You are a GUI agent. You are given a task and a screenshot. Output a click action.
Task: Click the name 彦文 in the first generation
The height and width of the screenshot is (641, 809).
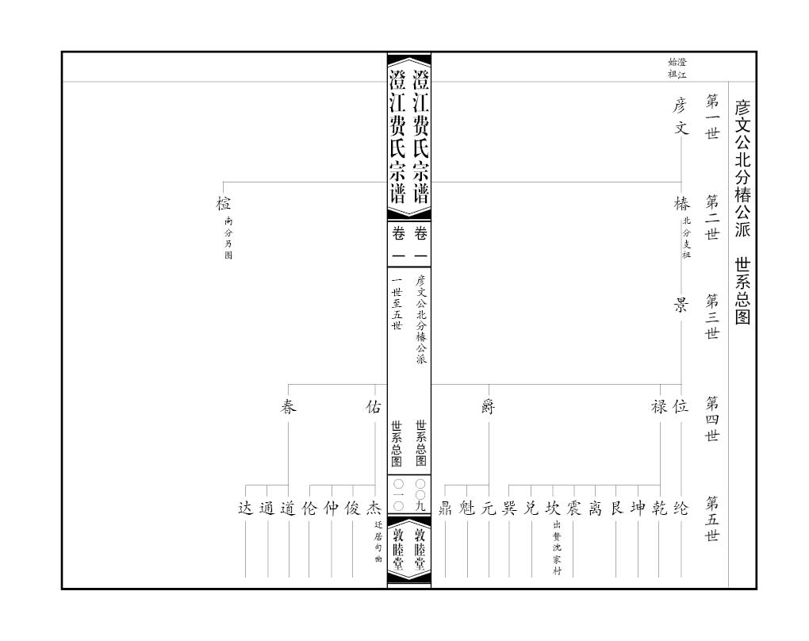tap(681, 116)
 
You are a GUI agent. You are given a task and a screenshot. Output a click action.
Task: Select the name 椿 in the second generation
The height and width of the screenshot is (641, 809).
tap(681, 204)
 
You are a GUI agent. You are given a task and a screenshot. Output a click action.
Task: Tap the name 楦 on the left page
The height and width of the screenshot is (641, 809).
tap(223, 204)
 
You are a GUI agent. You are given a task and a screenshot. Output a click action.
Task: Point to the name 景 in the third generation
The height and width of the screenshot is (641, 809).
tap(681, 305)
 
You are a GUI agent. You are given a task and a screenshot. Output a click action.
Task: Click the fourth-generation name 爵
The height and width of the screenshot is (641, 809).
tap(488, 407)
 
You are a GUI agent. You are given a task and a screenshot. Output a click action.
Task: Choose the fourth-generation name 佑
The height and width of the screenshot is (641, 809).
tap(373, 407)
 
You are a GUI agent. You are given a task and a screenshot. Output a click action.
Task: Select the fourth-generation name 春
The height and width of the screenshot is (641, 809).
tap(288, 407)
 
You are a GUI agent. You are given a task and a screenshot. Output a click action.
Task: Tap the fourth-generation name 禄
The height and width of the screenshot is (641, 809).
tap(659, 407)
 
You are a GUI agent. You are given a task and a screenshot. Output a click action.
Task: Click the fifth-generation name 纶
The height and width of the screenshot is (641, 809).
tap(681, 509)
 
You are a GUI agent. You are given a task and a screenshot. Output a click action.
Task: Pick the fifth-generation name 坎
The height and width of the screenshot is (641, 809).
tap(552, 509)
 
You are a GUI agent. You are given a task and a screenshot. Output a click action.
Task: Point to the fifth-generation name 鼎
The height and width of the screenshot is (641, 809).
tap(445, 509)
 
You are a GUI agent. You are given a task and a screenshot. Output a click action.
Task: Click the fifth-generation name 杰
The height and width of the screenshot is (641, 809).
tap(374, 509)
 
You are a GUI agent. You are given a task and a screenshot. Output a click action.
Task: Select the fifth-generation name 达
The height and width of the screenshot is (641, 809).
tap(246, 509)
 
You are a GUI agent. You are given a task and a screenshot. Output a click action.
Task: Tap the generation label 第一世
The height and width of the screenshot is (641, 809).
tap(712, 117)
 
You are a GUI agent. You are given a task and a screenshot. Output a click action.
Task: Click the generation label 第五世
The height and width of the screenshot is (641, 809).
tap(712, 519)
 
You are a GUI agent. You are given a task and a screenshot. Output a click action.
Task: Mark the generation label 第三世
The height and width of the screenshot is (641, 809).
tap(712, 316)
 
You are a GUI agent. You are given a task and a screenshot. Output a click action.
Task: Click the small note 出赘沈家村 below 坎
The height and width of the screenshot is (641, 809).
tap(557, 548)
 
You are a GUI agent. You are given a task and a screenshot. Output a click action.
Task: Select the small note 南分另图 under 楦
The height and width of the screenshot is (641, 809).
tap(228, 239)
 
